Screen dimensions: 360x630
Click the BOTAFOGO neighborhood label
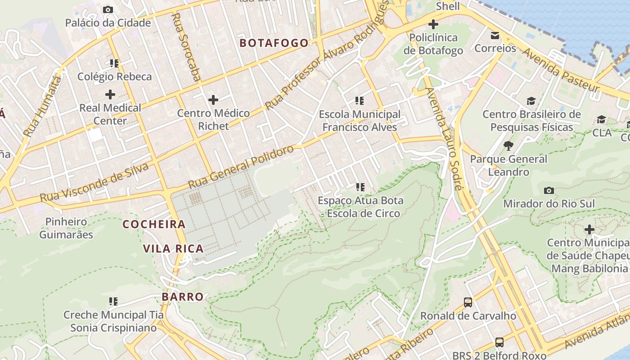(274, 43)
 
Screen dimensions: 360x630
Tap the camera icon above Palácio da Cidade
(108, 9)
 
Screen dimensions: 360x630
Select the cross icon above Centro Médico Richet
(213, 99)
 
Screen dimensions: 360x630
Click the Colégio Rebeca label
(115, 76)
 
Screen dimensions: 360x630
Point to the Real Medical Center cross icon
(110, 94)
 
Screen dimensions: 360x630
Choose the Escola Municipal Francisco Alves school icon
(360, 100)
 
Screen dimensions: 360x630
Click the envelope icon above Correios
(495, 35)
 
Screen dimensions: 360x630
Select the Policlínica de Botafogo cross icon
(433, 24)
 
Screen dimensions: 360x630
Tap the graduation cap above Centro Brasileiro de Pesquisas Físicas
(531, 101)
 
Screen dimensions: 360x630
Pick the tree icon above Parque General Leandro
(509, 145)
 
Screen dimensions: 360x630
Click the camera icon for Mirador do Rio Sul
(549, 190)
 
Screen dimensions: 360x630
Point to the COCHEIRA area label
(154, 224)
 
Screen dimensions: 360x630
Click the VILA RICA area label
(173, 248)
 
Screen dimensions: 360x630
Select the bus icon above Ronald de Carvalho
(468, 302)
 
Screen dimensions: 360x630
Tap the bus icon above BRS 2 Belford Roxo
(499, 342)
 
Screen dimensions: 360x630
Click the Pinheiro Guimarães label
(66, 228)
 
